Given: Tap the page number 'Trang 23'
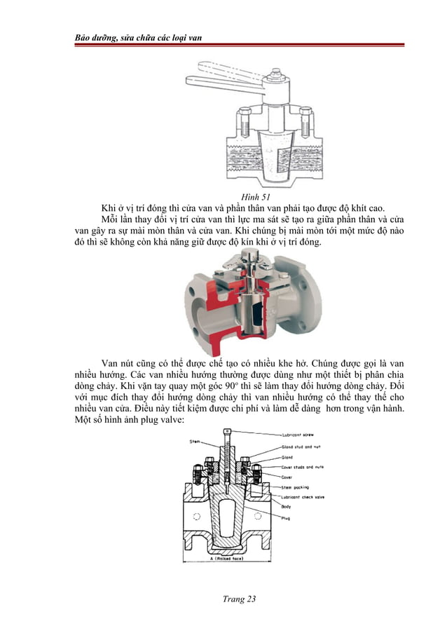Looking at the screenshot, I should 238,598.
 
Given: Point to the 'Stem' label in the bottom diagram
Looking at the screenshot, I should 195,441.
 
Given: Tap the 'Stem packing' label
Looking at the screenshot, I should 298,485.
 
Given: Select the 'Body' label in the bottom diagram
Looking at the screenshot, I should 287,505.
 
